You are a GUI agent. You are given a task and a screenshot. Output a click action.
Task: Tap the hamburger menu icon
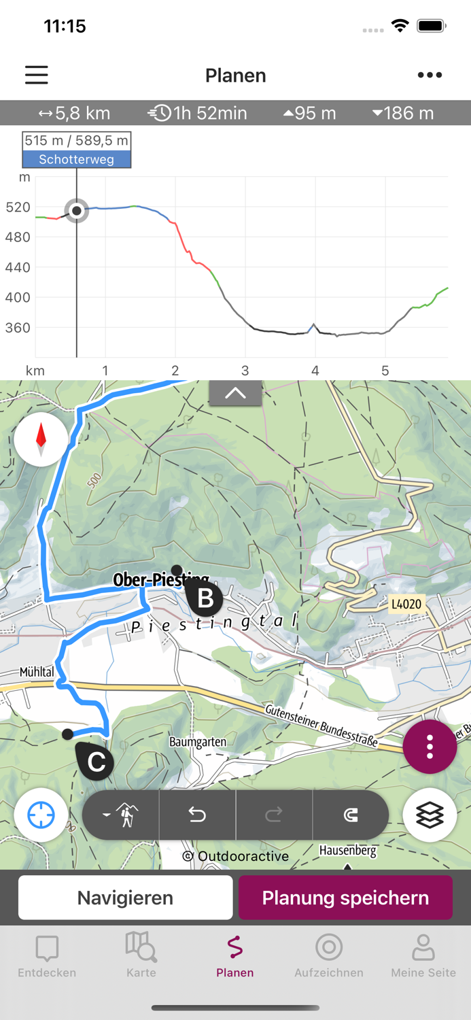[x=37, y=75]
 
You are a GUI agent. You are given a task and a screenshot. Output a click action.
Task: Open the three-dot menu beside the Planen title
[x=430, y=75]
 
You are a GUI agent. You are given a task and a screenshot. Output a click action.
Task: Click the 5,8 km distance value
[x=74, y=113]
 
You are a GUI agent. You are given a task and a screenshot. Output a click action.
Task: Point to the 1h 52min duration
[x=198, y=113]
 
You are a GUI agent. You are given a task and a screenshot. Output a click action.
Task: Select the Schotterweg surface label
[x=76, y=160]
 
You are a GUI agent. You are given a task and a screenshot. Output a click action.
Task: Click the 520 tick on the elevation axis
[x=18, y=207]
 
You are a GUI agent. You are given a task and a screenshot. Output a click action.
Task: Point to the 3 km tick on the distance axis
[x=245, y=371]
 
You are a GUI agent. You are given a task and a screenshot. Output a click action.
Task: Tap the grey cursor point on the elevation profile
[x=77, y=211]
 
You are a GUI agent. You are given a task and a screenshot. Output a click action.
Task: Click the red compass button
[x=41, y=439]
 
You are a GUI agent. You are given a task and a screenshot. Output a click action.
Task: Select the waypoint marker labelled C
[x=96, y=762]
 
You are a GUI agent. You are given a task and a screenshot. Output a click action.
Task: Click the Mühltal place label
[x=37, y=672]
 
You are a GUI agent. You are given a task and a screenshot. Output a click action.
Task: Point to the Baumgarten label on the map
[x=198, y=742]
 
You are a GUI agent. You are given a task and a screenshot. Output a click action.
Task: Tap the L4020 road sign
[x=406, y=604]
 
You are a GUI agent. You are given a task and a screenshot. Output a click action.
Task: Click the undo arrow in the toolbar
[x=197, y=815]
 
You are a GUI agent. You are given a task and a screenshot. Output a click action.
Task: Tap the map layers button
[x=430, y=815]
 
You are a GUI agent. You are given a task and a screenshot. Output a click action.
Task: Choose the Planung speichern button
[x=345, y=898]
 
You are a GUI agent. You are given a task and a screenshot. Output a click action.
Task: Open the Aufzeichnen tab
[x=329, y=955]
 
